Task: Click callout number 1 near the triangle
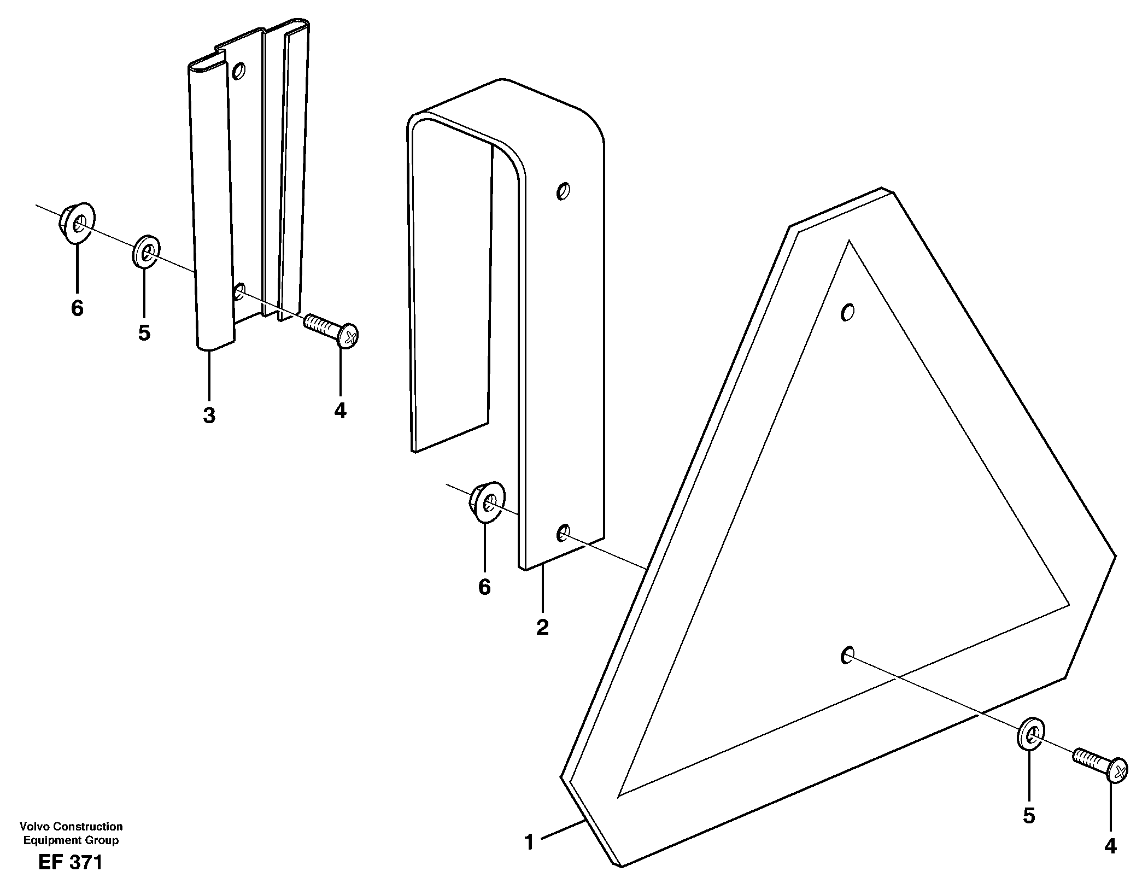(x=529, y=843)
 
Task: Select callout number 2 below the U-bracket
(x=542, y=628)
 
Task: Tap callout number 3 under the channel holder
(x=209, y=416)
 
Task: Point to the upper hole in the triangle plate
(x=847, y=313)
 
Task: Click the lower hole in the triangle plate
(x=847, y=655)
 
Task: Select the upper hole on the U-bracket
(x=563, y=191)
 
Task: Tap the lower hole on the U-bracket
(x=563, y=532)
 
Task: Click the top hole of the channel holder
(x=239, y=71)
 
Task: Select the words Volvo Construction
(x=71, y=827)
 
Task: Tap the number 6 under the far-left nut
(x=77, y=308)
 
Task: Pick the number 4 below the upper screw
(x=340, y=411)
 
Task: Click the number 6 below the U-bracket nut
(x=484, y=587)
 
